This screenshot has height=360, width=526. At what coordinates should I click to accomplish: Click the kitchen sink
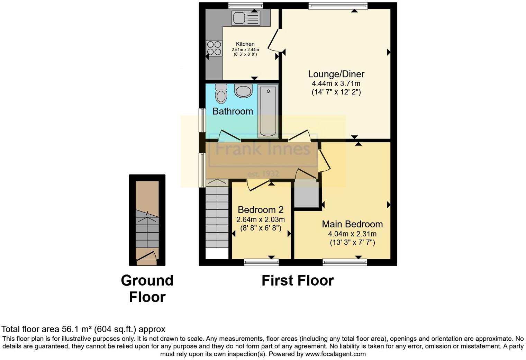point(246,18)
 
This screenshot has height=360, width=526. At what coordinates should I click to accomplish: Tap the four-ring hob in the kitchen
point(214,48)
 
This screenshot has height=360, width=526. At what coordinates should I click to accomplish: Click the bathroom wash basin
point(243,91)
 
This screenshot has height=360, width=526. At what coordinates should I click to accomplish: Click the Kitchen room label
point(245,44)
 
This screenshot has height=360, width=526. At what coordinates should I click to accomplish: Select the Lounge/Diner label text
point(336,74)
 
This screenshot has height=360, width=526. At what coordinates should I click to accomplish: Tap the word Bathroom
point(233,111)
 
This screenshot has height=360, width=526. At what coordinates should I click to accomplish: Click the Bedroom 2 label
point(261,210)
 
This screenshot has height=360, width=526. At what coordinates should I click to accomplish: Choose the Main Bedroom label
point(352,224)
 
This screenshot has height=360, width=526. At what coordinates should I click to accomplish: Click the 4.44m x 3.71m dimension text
point(336,83)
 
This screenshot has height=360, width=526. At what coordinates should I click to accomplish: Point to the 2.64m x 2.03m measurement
point(261,219)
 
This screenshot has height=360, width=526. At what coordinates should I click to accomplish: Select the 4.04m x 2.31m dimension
point(352,234)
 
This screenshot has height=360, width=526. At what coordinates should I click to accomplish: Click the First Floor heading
point(298,280)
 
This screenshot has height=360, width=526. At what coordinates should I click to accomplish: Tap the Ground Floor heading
point(147,288)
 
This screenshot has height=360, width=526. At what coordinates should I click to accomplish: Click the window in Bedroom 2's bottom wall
point(261,262)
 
